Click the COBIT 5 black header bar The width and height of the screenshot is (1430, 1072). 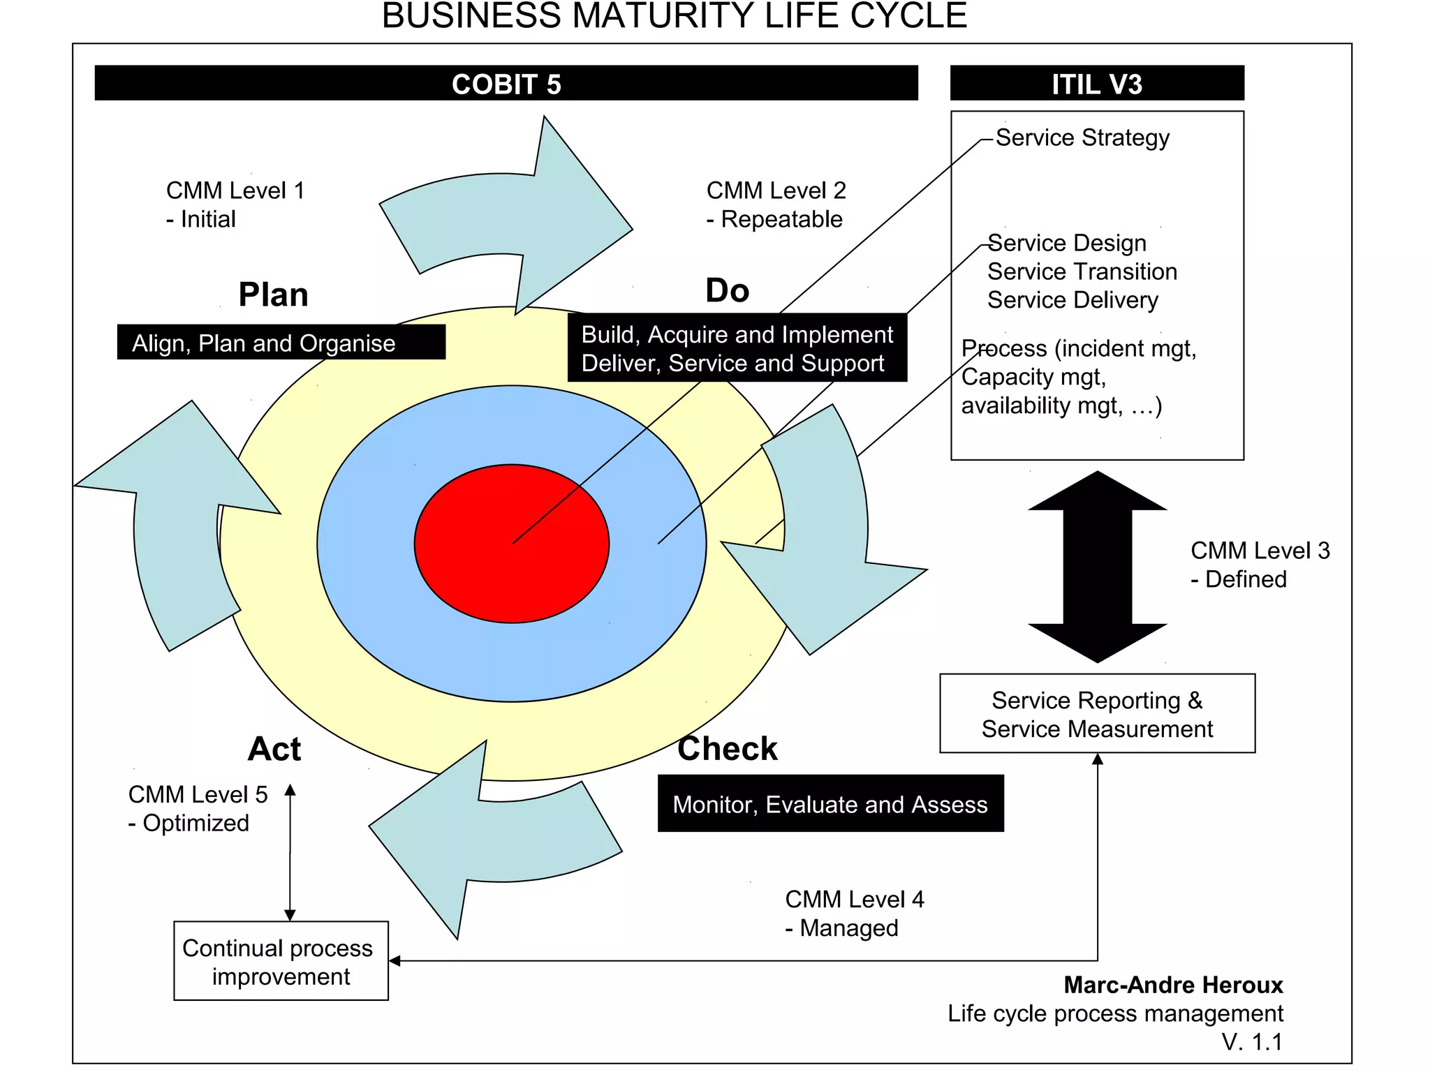point(506,83)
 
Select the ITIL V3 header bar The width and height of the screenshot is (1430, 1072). point(1096,83)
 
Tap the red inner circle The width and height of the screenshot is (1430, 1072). point(511,544)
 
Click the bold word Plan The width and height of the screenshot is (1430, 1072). point(273,295)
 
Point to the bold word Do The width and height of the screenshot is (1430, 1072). point(727,290)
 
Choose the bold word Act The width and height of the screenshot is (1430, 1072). point(274,749)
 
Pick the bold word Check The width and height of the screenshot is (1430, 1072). point(727,749)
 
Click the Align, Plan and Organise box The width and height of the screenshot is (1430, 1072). point(281,343)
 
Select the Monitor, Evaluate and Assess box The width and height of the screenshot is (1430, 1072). point(830,804)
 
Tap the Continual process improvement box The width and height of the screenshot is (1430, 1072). point(281,961)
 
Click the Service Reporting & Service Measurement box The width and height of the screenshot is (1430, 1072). point(1096,713)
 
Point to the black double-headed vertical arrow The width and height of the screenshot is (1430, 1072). point(1096,567)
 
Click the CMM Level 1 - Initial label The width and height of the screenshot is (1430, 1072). point(235,204)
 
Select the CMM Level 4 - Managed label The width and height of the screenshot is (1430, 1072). point(853,913)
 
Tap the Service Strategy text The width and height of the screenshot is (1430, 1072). point(1082,137)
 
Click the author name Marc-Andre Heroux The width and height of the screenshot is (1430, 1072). point(1172,985)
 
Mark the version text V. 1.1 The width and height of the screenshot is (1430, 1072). point(1252,1042)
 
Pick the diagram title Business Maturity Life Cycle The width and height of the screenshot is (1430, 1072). point(674,16)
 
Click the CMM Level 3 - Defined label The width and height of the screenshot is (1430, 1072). point(1259,564)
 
